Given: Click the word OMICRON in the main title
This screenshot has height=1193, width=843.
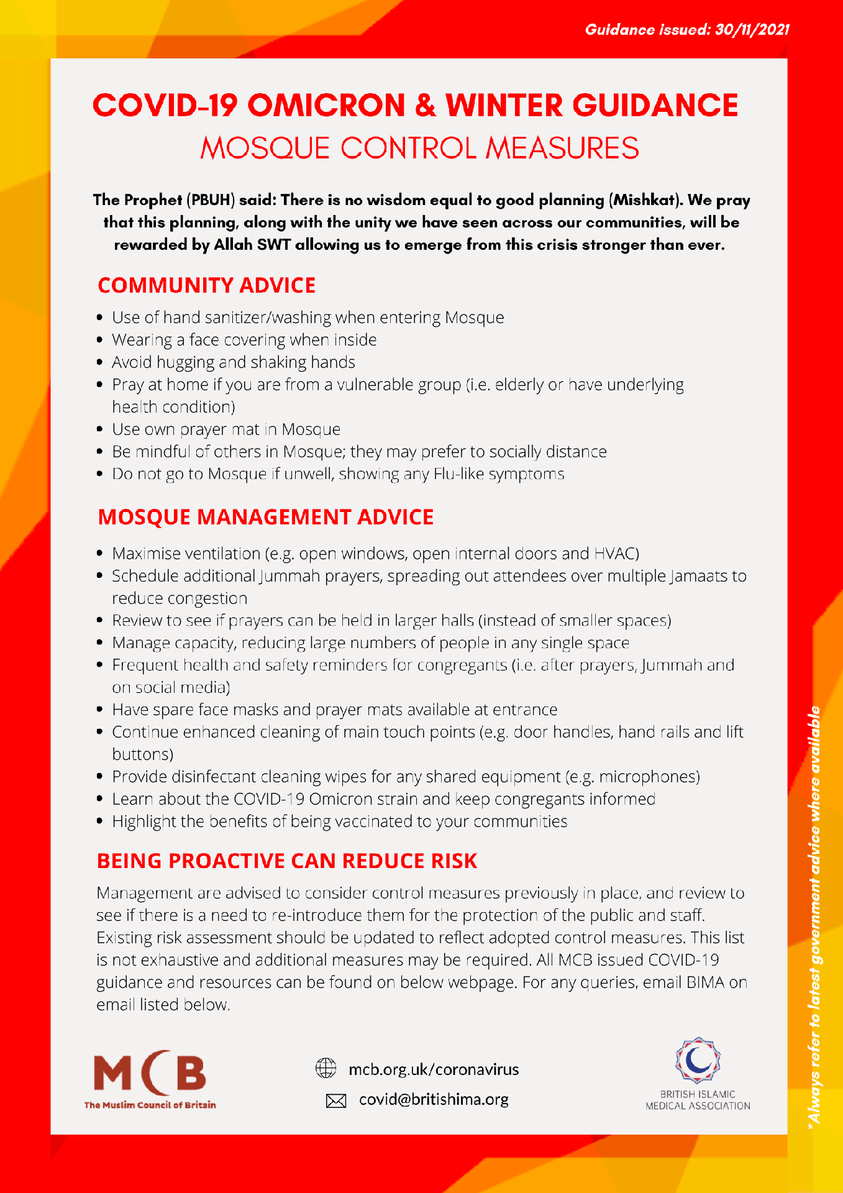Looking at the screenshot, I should (327, 106).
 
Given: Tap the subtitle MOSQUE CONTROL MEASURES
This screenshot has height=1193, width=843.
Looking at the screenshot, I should (420, 149).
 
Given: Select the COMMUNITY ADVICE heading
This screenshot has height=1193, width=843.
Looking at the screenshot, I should (207, 285).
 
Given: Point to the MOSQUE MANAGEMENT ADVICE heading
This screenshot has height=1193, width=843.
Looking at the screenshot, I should (266, 517).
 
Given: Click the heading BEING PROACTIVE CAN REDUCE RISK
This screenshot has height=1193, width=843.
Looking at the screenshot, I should (287, 861).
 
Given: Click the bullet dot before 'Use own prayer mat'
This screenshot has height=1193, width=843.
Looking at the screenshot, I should (100, 429).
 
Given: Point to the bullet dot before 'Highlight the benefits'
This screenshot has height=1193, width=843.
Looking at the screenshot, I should (100, 821).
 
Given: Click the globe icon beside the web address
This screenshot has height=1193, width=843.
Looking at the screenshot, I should (326, 1068).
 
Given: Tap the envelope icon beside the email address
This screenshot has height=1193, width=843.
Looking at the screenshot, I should (336, 1101).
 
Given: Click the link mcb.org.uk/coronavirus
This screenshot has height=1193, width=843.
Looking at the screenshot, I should (434, 1069).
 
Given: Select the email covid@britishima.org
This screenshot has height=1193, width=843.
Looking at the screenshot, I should (434, 1099).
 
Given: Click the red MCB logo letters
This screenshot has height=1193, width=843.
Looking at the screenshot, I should (150, 1072).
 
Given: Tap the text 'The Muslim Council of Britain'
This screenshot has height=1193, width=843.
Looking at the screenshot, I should (150, 1105).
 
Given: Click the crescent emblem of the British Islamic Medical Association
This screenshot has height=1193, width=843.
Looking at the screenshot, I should (698, 1060).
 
